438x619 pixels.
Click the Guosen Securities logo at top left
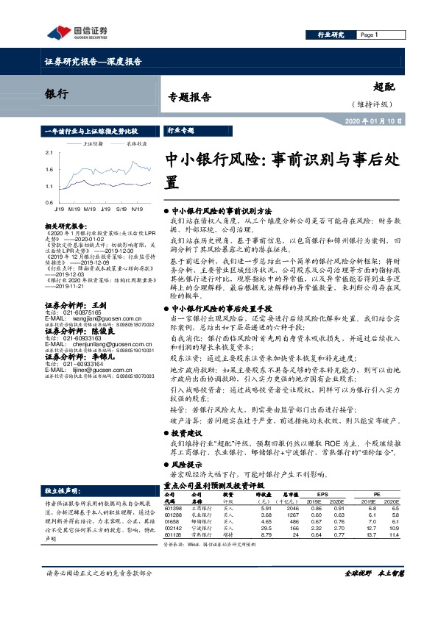77,32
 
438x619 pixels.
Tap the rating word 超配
386,87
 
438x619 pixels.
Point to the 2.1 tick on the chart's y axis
49,152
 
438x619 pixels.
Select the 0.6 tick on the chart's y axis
49,201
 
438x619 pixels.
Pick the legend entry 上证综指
95,145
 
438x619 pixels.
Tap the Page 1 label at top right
369,35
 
